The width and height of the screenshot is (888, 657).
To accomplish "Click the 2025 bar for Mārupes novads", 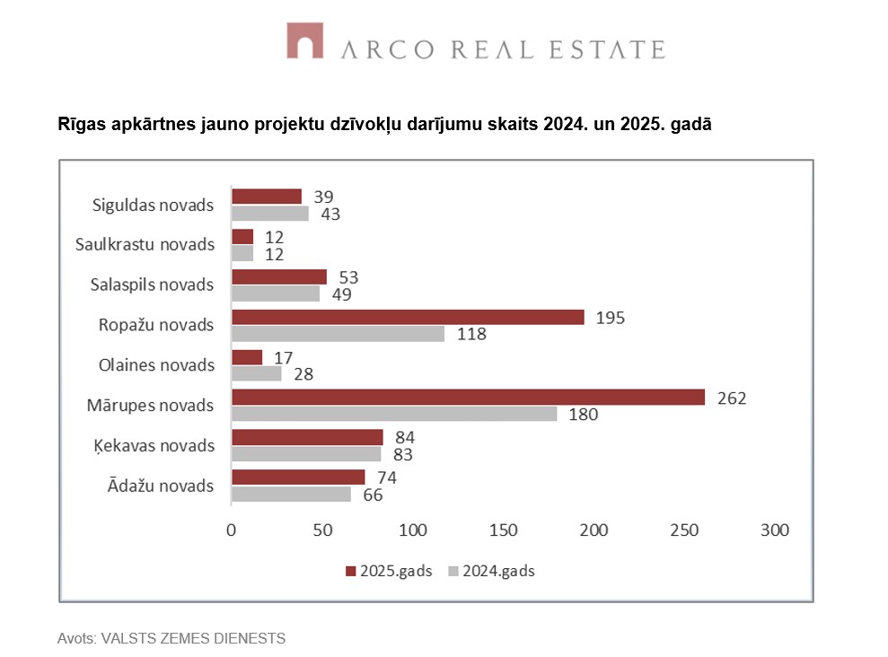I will pos(468,397).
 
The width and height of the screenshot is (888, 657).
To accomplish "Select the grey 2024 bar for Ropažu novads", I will pos(338,334).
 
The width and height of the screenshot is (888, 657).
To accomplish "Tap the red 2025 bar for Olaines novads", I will pos(247,357).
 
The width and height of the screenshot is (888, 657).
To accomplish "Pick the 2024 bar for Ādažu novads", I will pos(291,494).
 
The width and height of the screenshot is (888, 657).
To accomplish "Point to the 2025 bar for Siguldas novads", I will pos(267,197).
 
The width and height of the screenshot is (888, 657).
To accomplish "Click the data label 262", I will pos(732,398).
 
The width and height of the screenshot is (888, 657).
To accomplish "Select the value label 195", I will pos(610,318).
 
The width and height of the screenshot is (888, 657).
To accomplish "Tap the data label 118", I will pos(470,334).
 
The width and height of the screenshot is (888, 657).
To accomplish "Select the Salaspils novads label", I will pos(153,285).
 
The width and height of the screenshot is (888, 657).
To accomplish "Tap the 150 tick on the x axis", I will pos(505,530).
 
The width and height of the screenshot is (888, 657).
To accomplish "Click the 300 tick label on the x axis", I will pos(774,530).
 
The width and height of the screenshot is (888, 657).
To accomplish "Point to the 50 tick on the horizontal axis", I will pos(322,530).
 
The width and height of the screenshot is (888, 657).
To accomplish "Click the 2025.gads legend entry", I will pos(388,571).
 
